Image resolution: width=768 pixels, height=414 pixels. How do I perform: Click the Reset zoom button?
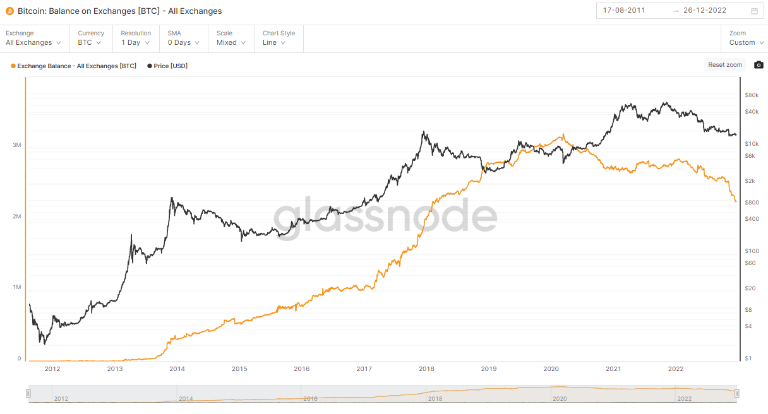tap(725, 65)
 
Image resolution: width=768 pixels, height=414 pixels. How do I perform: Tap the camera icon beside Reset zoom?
tap(759, 65)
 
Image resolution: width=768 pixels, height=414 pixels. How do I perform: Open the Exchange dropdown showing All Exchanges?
tap(33, 42)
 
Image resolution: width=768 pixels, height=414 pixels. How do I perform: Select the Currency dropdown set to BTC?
tap(89, 42)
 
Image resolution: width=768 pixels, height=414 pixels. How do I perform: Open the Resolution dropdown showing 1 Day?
tap(135, 42)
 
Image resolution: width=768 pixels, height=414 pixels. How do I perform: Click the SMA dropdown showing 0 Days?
tap(183, 42)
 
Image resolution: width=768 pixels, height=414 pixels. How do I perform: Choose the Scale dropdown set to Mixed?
tap(231, 42)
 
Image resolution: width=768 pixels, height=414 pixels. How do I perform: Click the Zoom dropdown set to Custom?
tap(746, 42)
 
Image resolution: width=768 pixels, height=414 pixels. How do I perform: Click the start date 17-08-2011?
tap(624, 11)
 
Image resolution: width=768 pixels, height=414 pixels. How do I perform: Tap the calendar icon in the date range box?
tap(754, 11)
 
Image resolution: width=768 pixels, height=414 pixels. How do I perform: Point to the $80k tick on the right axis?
tap(752, 95)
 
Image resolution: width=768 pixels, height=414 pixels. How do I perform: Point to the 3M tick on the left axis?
tap(17, 145)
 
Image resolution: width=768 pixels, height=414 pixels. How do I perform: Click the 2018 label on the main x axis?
tap(426, 369)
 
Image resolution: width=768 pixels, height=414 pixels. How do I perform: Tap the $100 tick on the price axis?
tap(752, 251)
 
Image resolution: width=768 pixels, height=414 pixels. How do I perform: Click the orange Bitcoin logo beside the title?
tap(9, 11)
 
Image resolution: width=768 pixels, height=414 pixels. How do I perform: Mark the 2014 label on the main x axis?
tap(177, 369)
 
